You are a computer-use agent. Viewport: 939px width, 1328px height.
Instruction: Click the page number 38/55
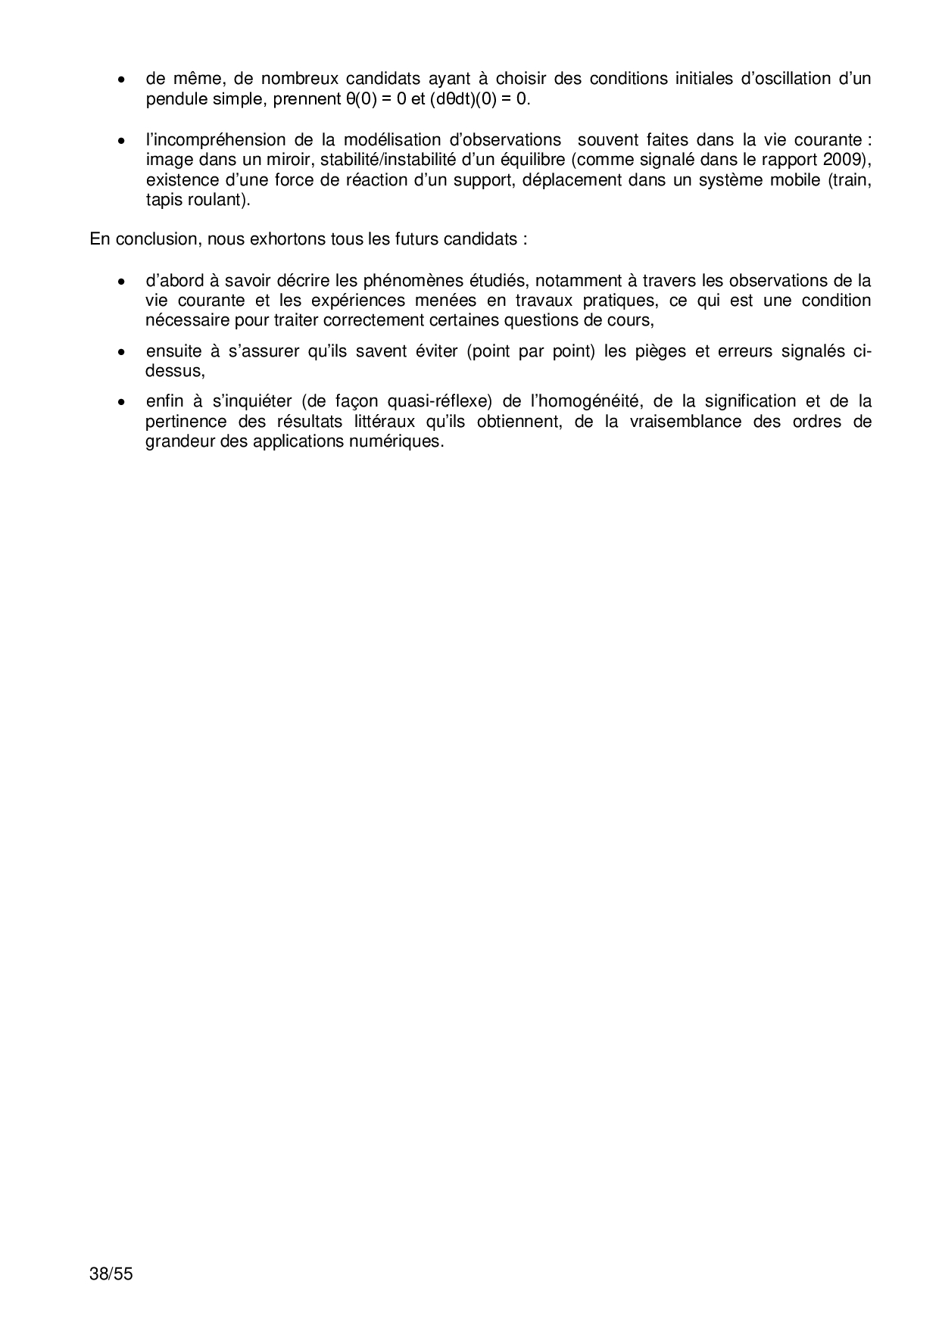click(111, 1273)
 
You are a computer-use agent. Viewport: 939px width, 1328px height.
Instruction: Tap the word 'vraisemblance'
click(685, 421)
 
